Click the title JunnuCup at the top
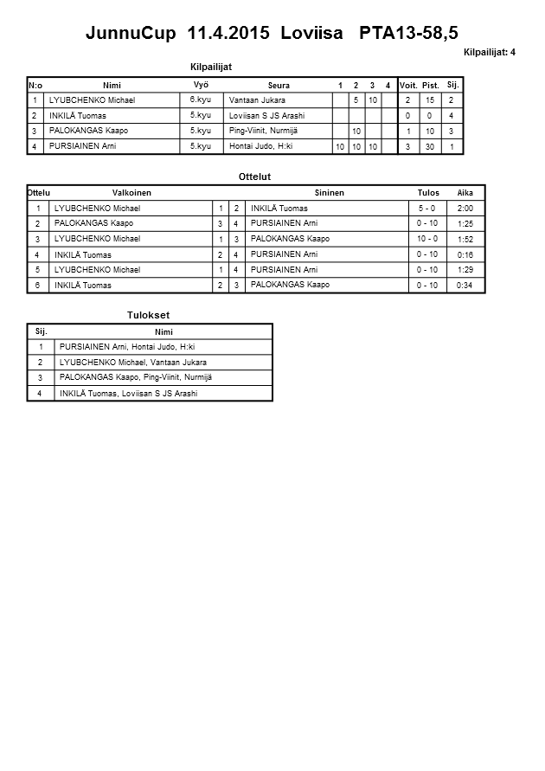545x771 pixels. [x=132, y=34]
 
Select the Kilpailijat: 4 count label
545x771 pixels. [x=490, y=52]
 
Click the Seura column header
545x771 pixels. [x=279, y=85]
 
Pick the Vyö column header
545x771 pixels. [x=200, y=85]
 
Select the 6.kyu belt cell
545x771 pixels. [x=200, y=100]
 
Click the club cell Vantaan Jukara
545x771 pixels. [x=257, y=100]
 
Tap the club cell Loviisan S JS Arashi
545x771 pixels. [x=267, y=116]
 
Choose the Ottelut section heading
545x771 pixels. [x=254, y=177]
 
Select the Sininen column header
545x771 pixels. [x=329, y=193]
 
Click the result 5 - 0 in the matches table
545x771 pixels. [x=426, y=209]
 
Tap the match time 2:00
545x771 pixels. [x=465, y=209]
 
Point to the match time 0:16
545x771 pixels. [x=465, y=255]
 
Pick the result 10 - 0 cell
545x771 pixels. [x=426, y=239]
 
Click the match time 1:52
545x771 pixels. [x=465, y=239]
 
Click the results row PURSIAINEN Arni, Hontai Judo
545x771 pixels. [x=127, y=347]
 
